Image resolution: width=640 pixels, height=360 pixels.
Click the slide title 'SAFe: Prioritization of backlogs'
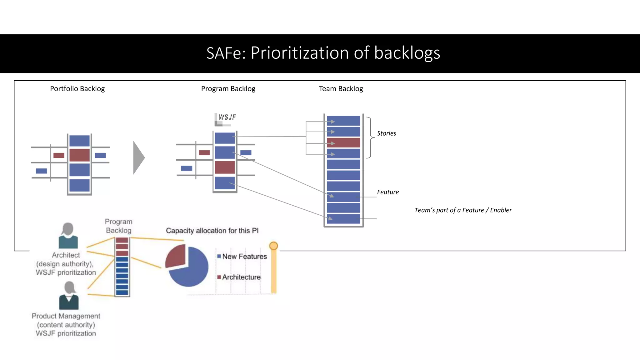click(323, 53)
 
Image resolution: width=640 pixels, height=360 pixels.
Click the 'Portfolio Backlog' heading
click(77, 89)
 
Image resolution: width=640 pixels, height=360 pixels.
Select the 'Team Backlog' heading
click(341, 89)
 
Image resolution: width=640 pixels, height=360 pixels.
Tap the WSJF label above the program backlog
click(227, 117)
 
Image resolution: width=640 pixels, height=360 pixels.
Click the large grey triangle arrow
click(138, 157)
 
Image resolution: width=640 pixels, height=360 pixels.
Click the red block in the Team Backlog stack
click(343, 143)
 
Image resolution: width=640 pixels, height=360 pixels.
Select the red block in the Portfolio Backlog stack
click(79, 155)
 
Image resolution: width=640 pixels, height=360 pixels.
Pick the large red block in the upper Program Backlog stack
click(225, 167)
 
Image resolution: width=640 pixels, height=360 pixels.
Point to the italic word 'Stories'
click(386, 133)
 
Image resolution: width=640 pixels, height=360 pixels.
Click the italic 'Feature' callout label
click(387, 192)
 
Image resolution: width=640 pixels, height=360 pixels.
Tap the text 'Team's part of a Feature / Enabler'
click(463, 210)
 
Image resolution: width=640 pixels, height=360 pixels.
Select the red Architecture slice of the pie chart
click(175, 256)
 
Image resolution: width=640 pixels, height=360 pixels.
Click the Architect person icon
click(68, 236)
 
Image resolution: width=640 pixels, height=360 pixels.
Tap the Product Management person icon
click(69, 296)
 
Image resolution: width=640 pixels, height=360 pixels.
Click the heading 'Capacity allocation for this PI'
click(212, 231)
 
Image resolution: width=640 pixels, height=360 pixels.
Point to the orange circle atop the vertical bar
click(273, 246)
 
